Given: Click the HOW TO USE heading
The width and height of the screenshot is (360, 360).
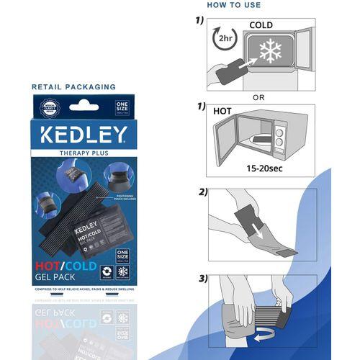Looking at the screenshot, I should tap(235, 5).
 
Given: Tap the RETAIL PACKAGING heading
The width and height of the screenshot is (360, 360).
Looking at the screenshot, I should tap(73, 87).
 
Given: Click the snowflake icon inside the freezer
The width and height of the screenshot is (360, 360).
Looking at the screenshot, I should tap(271, 52).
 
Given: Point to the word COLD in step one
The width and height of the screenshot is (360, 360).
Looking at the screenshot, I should tap(261, 24).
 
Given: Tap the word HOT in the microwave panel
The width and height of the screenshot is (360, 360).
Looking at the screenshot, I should tap(222, 112).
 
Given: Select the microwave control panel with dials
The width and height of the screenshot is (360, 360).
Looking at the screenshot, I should tap(279, 137).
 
